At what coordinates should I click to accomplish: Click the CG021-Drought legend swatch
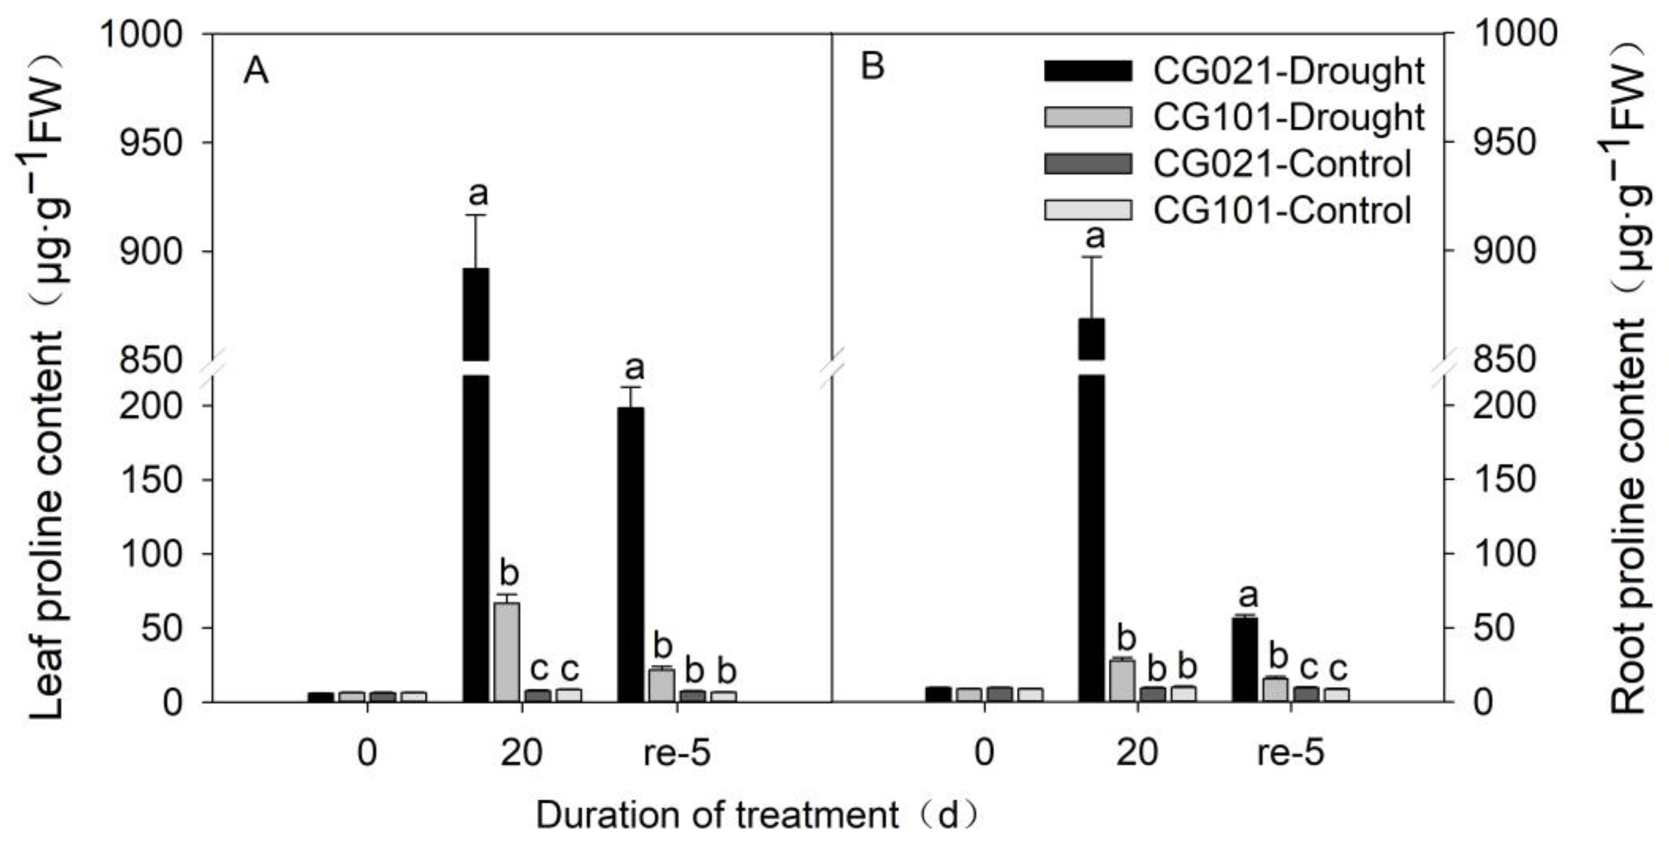[1088, 71]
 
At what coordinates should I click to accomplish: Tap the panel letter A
[256, 72]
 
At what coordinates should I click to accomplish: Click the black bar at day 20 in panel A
[476, 538]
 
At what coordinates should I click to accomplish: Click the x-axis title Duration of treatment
[717, 815]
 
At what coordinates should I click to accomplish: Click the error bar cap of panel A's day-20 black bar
[476, 215]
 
